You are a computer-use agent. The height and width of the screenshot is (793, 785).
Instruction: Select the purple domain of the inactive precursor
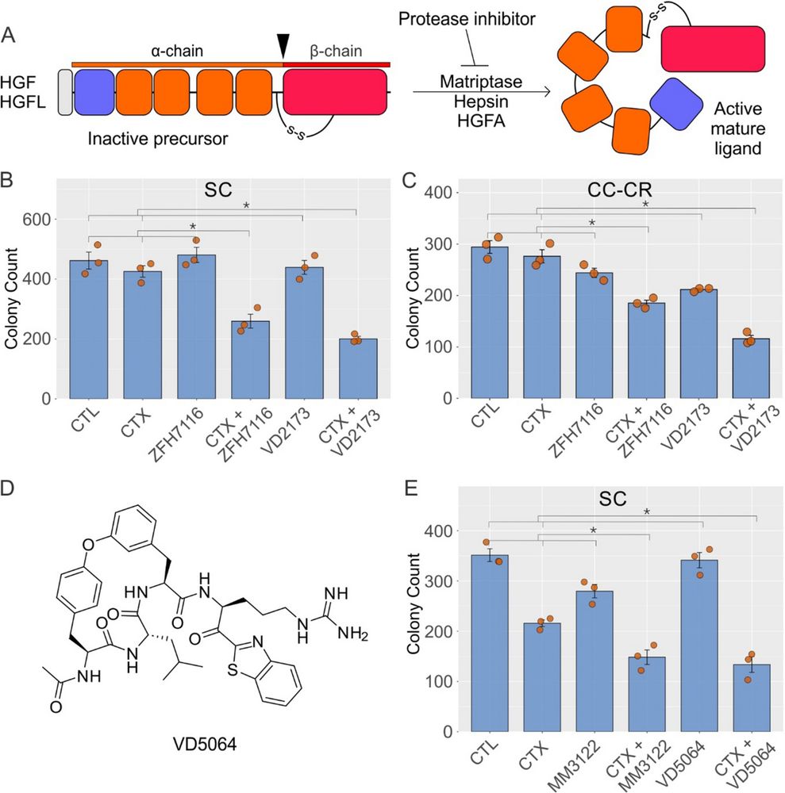(x=92, y=92)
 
